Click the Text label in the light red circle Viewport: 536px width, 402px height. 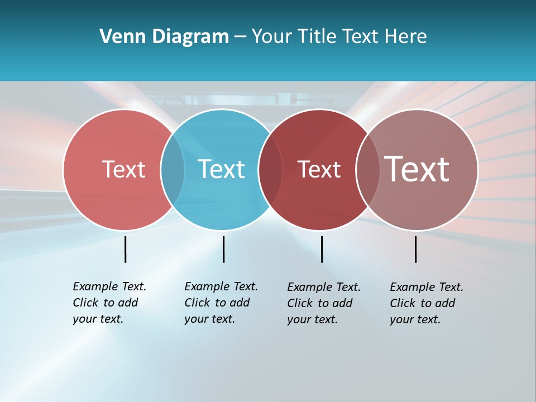123,169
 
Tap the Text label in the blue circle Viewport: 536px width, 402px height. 221,169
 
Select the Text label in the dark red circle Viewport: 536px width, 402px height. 319,169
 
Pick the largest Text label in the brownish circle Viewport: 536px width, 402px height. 417,169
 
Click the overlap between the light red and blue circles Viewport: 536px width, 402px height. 173,170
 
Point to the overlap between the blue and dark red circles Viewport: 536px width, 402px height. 270,170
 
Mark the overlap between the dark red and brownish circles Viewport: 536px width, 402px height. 368,170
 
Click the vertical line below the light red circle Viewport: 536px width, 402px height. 125,249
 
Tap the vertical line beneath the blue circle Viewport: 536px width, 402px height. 223,249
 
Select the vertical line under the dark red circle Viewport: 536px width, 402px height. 322,249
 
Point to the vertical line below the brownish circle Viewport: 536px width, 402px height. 415,249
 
